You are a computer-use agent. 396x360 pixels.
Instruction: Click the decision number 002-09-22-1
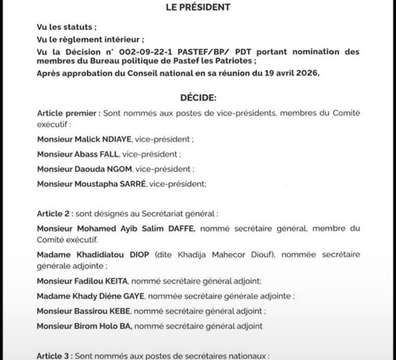pyautogui.click(x=150, y=51)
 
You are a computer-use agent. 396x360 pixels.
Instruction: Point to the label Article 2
pyautogui.click(x=55, y=214)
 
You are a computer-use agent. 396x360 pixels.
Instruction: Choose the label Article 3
pyautogui.click(x=55, y=356)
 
